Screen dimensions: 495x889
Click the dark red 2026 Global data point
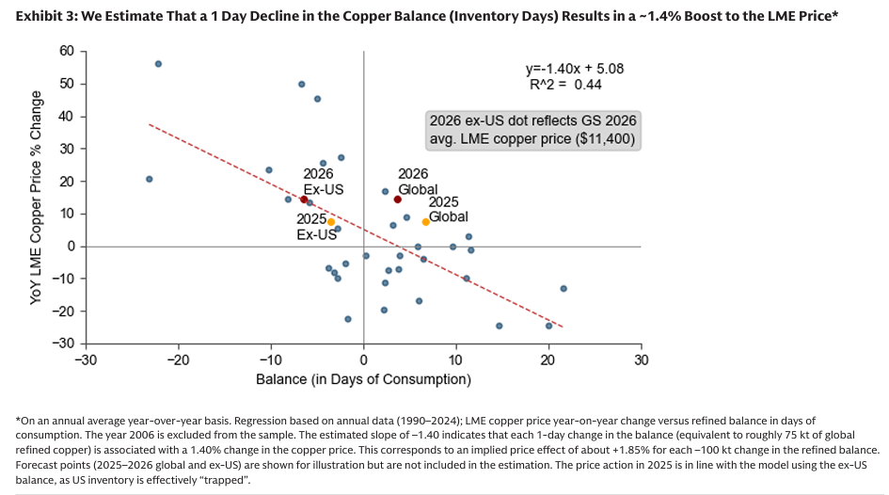[397, 200]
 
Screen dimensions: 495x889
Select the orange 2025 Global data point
[425, 222]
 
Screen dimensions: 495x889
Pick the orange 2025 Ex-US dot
[331, 222]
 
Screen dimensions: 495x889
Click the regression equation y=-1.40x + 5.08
[574, 69]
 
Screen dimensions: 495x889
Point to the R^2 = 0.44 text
[565, 85]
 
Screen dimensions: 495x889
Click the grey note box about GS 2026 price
[532, 130]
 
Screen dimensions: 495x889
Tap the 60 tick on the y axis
[67, 51]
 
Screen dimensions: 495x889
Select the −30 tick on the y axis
[63, 343]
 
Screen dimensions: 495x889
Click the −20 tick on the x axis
[178, 360]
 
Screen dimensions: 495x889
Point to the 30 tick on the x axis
[641, 360]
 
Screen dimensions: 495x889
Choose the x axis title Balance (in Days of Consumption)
[363, 379]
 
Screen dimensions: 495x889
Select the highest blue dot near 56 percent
[158, 64]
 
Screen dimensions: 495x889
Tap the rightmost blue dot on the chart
[564, 289]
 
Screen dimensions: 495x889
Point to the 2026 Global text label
[413, 182]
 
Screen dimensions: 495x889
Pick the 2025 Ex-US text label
[317, 227]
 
